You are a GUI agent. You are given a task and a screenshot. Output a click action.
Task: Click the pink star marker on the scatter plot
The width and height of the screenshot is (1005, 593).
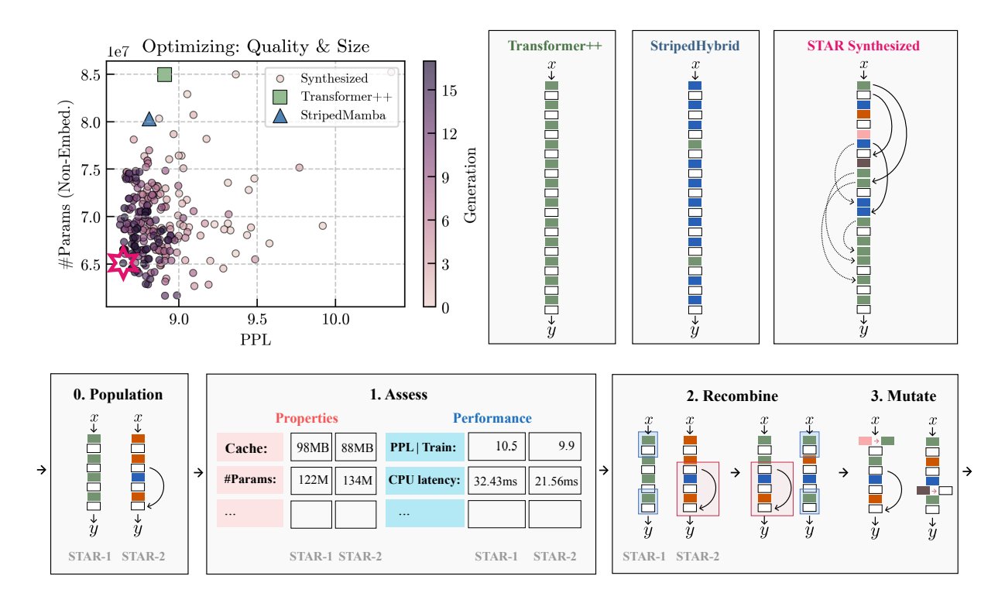pyautogui.click(x=122, y=263)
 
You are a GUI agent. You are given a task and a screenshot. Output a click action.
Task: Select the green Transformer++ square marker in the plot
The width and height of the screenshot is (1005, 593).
pyautogui.click(x=165, y=74)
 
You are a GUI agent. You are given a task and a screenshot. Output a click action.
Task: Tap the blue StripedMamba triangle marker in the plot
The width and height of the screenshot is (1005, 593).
pyautogui.click(x=149, y=119)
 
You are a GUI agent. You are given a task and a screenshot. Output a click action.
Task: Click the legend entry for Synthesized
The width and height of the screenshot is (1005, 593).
pyautogui.click(x=334, y=78)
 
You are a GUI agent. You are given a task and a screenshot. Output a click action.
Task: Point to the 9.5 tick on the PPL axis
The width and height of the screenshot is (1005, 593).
pyautogui.click(x=256, y=320)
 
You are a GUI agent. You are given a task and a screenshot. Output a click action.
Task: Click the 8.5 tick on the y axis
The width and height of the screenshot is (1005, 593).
pyautogui.click(x=90, y=75)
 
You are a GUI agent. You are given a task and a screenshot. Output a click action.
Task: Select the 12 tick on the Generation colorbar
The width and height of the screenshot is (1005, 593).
pyautogui.click(x=449, y=134)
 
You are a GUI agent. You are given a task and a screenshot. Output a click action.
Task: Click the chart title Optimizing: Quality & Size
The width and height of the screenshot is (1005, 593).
pyautogui.click(x=256, y=46)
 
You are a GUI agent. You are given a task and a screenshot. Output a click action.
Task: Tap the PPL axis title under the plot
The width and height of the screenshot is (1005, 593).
pyautogui.click(x=256, y=340)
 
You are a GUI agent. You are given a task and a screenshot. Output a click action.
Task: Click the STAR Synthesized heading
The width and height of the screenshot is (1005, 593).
pyautogui.click(x=863, y=46)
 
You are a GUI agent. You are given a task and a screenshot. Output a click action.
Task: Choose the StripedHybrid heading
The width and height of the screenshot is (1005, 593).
pyautogui.click(x=695, y=46)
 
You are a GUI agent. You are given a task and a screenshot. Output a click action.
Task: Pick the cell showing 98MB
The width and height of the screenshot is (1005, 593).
pyautogui.click(x=311, y=447)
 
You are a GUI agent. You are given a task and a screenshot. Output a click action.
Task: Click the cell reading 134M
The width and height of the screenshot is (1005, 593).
pyautogui.click(x=356, y=481)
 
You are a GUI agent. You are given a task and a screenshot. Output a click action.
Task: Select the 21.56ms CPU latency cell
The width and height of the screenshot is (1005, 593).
pyautogui.click(x=555, y=481)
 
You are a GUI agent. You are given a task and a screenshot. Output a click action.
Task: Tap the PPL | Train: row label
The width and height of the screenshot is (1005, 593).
pyautogui.click(x=424, y=447)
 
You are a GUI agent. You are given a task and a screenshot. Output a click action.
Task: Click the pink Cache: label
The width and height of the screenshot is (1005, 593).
pyautogui.click(x=250, y=447)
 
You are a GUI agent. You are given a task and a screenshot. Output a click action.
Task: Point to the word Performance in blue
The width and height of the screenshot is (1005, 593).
pyautogui.click(x=492, y=418)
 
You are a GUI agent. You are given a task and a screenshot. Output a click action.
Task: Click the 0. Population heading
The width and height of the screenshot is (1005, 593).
pyautogui.click(x=118, y=395)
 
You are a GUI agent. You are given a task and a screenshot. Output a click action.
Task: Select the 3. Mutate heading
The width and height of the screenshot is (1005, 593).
pyautogui.click(x=904, y=396)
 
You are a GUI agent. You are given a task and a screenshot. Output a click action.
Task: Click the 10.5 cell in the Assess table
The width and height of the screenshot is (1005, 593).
pyautogui.click(x=496, y=447)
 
